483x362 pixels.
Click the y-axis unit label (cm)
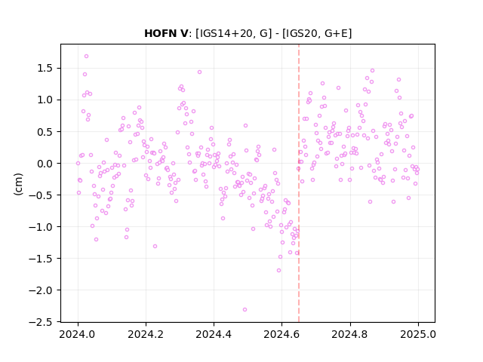[18, 184]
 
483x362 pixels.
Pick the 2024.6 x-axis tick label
[281, 334]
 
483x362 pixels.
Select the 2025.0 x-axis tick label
[418, 334]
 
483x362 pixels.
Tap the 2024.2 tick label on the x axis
[146, 334]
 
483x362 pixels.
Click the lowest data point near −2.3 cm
[245, 310]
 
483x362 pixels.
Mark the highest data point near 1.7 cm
[87, 57]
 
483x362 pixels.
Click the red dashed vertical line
[299, 183]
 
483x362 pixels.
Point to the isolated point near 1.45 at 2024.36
[199, 72]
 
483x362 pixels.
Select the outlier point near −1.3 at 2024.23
[155, 247]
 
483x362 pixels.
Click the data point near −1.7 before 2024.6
[278, 271]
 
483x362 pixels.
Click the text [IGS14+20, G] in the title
[234, 33]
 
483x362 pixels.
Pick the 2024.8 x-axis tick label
[350, 334]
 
